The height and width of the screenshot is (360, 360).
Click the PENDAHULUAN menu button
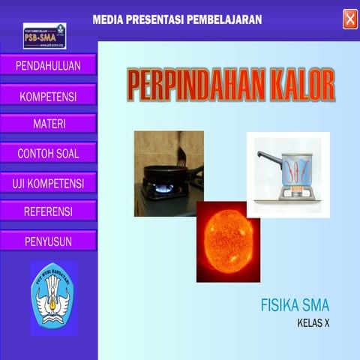tap(48, 65)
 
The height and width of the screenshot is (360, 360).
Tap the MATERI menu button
tap(48, 124)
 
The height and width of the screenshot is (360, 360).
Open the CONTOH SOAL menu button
tap(48, 153)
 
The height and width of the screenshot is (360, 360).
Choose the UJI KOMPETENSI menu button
tap(48, 182)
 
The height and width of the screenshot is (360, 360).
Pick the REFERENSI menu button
tap(48, 211)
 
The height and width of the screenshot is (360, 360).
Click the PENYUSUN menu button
tap(48, 241)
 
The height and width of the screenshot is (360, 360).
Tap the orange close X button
tap(350, 19)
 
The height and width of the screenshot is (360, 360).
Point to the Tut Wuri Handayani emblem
tap(53, 297)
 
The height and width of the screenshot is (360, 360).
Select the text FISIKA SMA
tap(295, 305)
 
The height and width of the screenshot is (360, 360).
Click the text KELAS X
tap(313, 323)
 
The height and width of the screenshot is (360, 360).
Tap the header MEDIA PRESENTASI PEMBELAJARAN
tap(177, 19)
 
